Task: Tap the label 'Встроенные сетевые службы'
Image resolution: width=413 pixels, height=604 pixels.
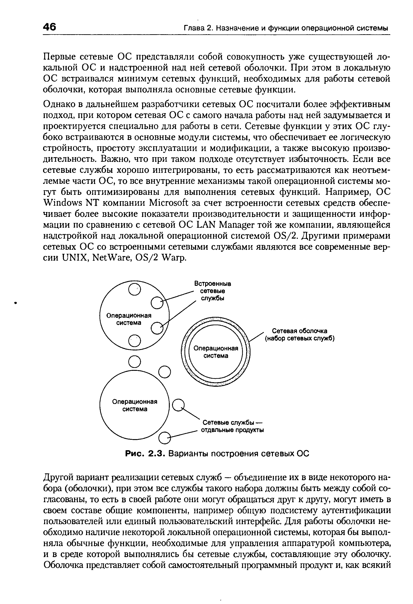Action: [213, 291]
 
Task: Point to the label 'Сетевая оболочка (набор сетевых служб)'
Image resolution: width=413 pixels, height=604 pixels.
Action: [299, 335]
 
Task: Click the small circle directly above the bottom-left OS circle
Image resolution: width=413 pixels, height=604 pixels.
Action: [135, 362]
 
